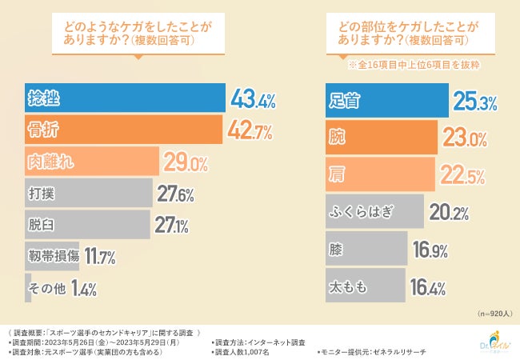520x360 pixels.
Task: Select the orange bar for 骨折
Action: (x=124, y=130)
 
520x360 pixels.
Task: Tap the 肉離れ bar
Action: (x=93, y=162)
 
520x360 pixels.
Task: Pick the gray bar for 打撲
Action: (x=88, y=193)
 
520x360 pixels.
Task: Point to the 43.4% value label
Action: (x=253, y=100)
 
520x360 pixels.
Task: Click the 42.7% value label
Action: (x=250, y=130)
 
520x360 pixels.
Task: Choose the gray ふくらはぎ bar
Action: (x=374, y=212)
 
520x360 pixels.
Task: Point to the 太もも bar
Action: (x=364, y=285)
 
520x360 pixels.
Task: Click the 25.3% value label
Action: (x=475, y=101)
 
